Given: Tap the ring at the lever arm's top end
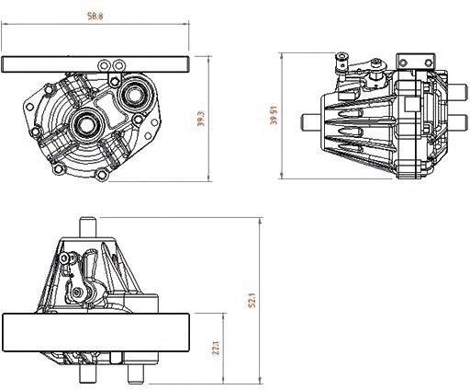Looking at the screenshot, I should [342, 63].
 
